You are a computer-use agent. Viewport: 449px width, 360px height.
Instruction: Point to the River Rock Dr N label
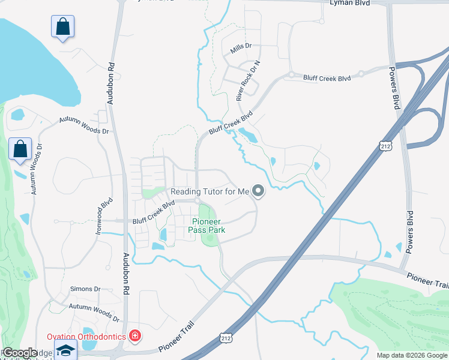click(x=248, y=80)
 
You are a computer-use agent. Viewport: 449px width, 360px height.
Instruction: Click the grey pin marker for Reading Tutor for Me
click(x=259, y=191)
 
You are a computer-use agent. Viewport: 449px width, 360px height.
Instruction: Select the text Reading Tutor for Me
click(x=209, y=192)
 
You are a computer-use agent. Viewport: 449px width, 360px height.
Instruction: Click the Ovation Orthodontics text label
click(x=86, y=336)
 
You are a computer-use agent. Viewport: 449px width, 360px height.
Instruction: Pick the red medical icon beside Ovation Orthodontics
click(x=134, y=335)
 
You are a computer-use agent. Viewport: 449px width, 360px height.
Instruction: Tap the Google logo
click(x=20, y=353)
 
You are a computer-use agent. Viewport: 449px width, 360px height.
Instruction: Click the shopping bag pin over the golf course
click(x=20, y=149)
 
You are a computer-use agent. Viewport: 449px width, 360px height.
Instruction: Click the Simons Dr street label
click(x=84, y=289)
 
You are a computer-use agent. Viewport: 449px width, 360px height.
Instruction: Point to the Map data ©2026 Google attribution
click(x=411, y=355)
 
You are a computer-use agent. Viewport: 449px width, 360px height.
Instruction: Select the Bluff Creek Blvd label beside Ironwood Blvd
click(x=154, y=212)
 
